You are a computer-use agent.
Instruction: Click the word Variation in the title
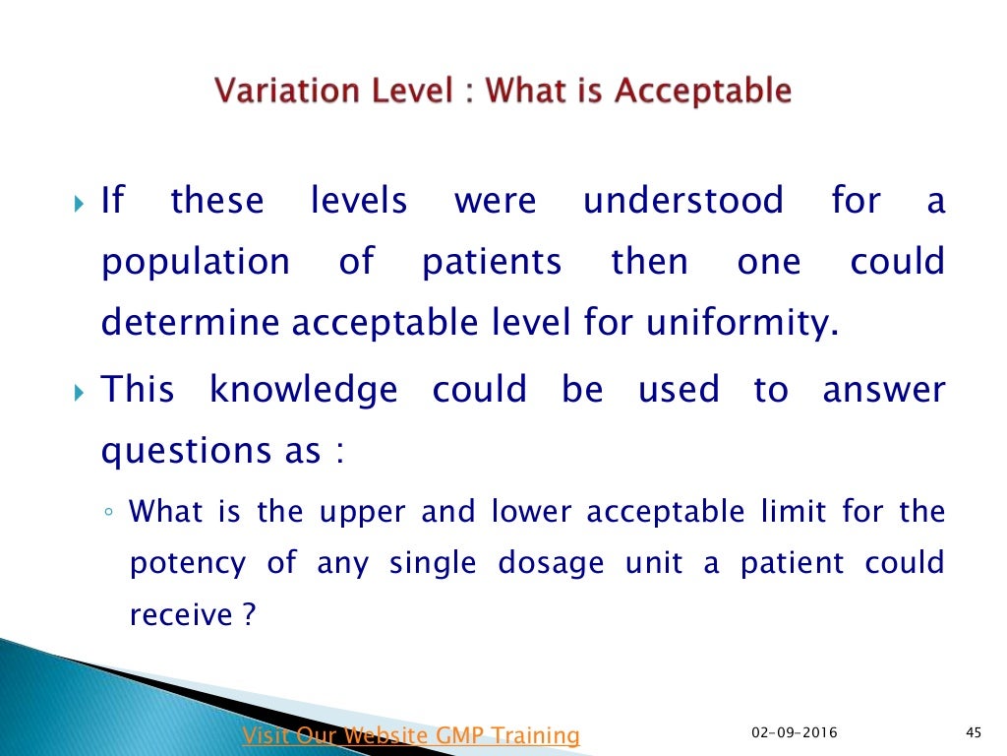coord(275,92)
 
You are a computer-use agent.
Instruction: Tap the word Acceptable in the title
coord(703,92)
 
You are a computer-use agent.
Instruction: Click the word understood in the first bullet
coord(683,201)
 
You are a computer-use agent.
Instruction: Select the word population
coord(196,264)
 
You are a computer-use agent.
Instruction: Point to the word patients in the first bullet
coord(492,262)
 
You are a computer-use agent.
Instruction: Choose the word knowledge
coord(304,390)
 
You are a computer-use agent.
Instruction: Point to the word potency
coord(188,565)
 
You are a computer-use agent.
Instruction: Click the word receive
coord(182,615)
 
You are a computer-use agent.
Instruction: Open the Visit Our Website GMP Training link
coord(411,734)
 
